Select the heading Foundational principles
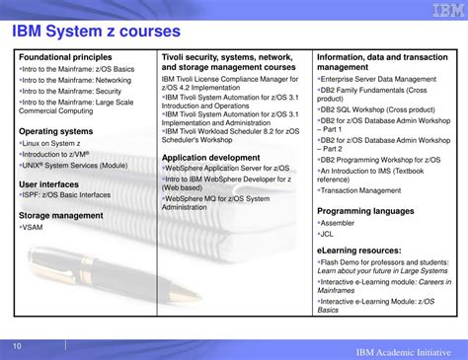click(63, 58)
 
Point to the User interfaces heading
click(50, 183)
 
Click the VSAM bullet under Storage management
click(35, 226)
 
